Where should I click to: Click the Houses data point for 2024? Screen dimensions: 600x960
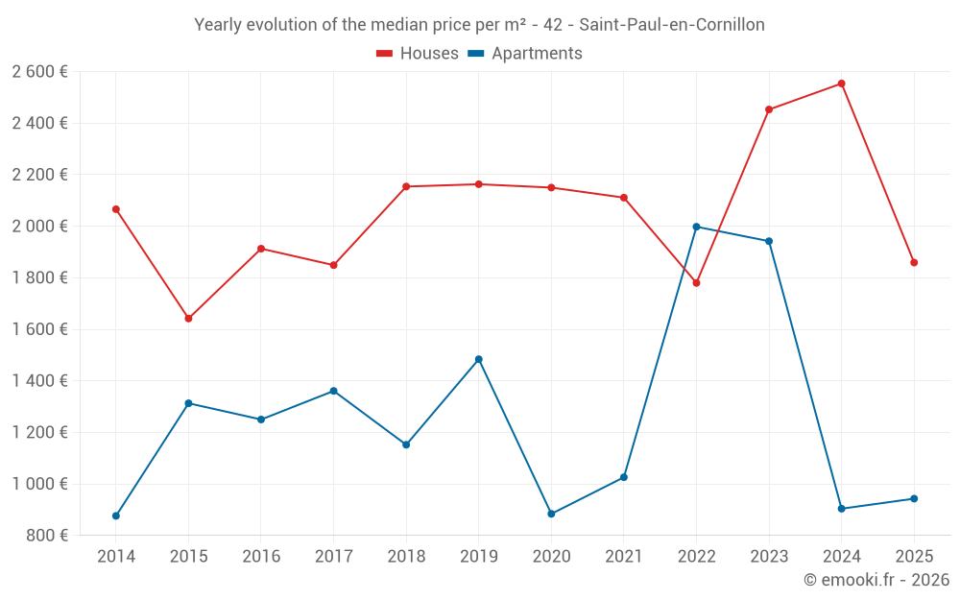click(x=841, y=84)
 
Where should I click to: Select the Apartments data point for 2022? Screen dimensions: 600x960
click(x=696, y=227)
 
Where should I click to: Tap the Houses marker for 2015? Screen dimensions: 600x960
click(x=188, y=319)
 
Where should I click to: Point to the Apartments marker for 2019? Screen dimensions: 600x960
click(x=479, y=359)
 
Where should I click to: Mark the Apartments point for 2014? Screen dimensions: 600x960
click(x=116, y=516)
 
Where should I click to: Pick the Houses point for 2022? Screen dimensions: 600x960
click(x=696, y=283)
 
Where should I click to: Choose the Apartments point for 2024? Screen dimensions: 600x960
click(x=841, y=509)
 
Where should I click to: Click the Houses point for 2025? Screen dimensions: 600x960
click(x=914, y=262)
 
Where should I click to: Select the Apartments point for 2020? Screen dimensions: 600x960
click(x=551, y=514)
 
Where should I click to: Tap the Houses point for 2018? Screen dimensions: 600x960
click(x=406, y=186)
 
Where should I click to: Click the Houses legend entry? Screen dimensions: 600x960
click(x=418, y=54)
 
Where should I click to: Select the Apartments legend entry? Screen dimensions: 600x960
click(x=525, y=54)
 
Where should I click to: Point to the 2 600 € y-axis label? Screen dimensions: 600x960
click(x=39, y=71)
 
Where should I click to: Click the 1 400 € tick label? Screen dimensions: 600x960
click(x=39, y=381)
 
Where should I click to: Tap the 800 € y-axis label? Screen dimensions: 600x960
click(x=45, y=536)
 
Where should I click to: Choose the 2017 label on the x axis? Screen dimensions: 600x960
click(x=333, y=557)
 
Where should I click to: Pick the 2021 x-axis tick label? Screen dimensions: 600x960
click(x=624, y=557)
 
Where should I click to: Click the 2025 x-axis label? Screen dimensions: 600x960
click(x=914, y=557)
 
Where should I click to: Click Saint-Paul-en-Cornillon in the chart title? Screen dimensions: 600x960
click(x=672, y=25)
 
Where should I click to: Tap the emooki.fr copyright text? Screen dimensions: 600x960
click(x=876, y=580)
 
